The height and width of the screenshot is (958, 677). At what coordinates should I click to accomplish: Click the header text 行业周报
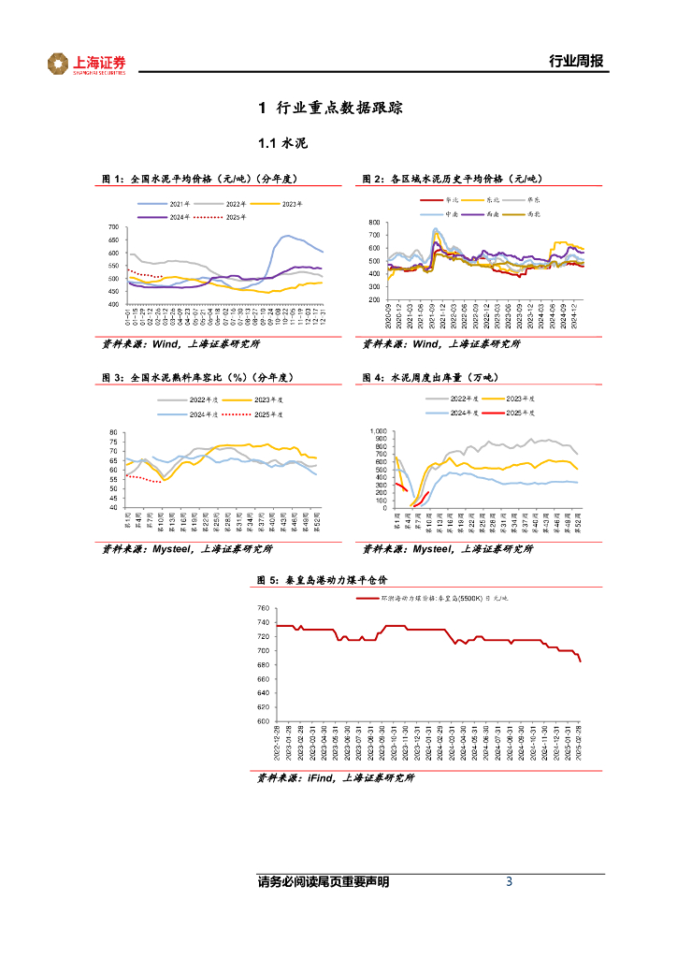[x=575, y=63]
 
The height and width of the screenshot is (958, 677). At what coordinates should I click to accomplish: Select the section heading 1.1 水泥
[x=282, y=144]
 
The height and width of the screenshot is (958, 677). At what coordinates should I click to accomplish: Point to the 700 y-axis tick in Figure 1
[x=112, y=227]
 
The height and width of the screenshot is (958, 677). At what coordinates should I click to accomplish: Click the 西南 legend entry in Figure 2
[x=509, y=213]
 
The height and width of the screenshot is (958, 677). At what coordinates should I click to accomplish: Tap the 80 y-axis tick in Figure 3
[x=114, y=432]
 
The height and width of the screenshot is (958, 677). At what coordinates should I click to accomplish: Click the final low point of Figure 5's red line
[x=581, y=661]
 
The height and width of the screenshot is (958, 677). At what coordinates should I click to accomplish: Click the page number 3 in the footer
[x=509, y=881]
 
